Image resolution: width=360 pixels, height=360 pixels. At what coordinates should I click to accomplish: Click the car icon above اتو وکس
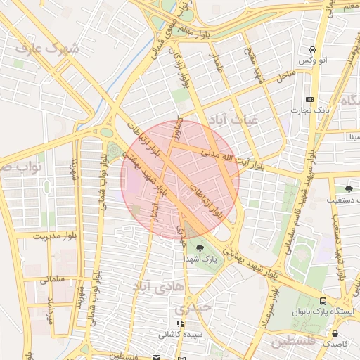tap(311, 49)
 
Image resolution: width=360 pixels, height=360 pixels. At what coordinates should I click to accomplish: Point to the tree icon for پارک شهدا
tap(199, 247)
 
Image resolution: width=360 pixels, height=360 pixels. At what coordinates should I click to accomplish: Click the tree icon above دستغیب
tap(349, 188)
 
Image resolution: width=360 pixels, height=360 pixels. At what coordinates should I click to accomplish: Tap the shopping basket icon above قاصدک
tap(335, 333)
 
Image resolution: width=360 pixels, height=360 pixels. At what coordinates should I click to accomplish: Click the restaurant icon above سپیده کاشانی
tap(180, 323)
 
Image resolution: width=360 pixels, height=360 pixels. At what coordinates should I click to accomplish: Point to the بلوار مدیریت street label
tap(51, 237)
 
